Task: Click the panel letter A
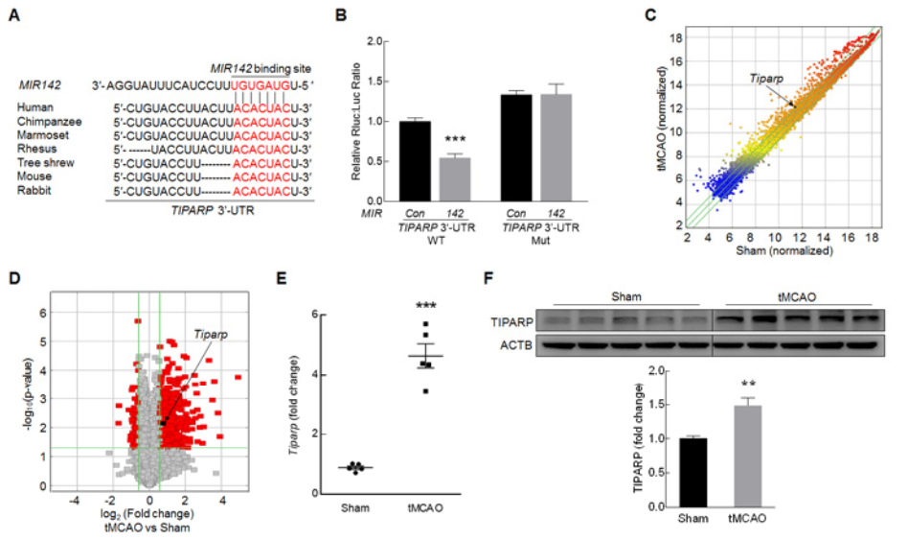pos(12,17)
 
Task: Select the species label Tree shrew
pos(44,162)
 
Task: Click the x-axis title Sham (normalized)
pos(781,250)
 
